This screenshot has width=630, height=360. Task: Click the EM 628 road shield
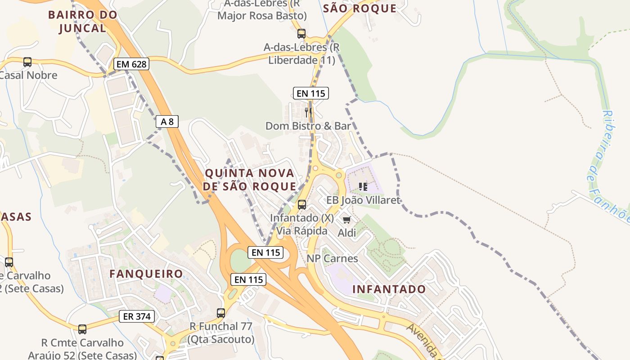[x=131, y=64]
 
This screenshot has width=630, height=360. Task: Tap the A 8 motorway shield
[x=167, y=121]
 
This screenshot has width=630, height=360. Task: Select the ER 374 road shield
[x=137, y=316]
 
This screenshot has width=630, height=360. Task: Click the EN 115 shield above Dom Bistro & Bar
[x=310, y=93]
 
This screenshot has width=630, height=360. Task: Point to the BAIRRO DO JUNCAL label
[x=82, y=21]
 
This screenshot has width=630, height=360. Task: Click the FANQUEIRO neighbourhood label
[x=146, y=274]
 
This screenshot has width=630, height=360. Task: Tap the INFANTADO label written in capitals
[x=389, y=289]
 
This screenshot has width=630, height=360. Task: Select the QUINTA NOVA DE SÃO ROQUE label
[x=250, y=180]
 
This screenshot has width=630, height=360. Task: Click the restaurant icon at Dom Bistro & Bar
[x=308, y=112]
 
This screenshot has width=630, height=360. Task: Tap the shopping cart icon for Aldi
[x=346, y=220]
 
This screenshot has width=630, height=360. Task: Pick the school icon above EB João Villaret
[x=363, y=186]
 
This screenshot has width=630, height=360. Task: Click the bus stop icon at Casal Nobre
[x=27, y=62]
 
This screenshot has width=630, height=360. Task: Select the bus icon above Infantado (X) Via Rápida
[x=302, y=205]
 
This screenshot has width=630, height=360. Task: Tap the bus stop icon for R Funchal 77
[x=221, y=313]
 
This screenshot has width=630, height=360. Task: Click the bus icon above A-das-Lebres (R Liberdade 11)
[x=301, y=34]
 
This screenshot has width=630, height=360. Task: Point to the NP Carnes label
[x=332, y=258]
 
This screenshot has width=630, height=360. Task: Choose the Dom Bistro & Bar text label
[x=308, y=126]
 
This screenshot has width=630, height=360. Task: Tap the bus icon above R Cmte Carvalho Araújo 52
[x=82, y=329]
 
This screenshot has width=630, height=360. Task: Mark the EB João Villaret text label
[x=363, y=200]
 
